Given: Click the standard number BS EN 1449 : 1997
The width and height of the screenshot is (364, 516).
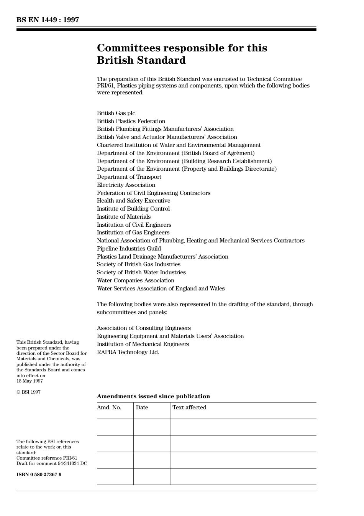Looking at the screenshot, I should (x=48, y=20).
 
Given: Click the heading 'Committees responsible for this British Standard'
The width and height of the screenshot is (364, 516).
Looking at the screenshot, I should (x=182, y=54).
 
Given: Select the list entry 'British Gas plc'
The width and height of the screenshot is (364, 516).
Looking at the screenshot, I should (x=116, y=113).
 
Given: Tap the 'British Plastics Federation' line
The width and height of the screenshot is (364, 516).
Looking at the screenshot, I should (x=131, y=121).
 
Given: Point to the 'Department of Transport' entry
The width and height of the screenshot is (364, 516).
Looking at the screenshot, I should (x=129, y=177).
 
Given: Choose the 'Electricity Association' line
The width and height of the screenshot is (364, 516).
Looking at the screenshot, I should (x=126, y=185).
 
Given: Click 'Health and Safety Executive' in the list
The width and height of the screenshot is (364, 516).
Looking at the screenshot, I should (x=134, y=201).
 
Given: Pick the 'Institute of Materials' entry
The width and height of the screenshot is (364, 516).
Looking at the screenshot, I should (x=124, y=217).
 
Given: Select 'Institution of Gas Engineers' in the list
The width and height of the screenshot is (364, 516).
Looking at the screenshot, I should (x=133, y=232).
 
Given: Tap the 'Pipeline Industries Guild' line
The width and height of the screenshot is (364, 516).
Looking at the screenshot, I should (x=129, y=249).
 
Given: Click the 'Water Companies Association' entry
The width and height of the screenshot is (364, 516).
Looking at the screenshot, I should (x=136, y=280).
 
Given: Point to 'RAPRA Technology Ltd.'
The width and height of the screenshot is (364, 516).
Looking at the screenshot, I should (x=128, y=352).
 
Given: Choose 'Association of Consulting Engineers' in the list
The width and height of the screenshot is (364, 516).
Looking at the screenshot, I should (x=144, y=328).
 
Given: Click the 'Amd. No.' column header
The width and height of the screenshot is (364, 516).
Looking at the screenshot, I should (x=109, y=407).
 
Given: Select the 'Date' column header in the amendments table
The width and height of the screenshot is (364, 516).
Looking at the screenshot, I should (x=142, y=407).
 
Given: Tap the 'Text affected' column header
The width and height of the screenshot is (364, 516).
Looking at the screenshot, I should (x=189, y=407).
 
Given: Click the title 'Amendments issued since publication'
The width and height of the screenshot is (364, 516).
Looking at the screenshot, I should (x=153, y=396).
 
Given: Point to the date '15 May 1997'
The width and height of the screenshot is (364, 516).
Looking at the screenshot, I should (x=30, y=381).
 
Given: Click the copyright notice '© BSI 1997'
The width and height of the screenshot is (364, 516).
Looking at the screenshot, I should (x=28, y=392).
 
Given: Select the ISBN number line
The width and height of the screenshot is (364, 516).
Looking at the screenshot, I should (x=39, y=475).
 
